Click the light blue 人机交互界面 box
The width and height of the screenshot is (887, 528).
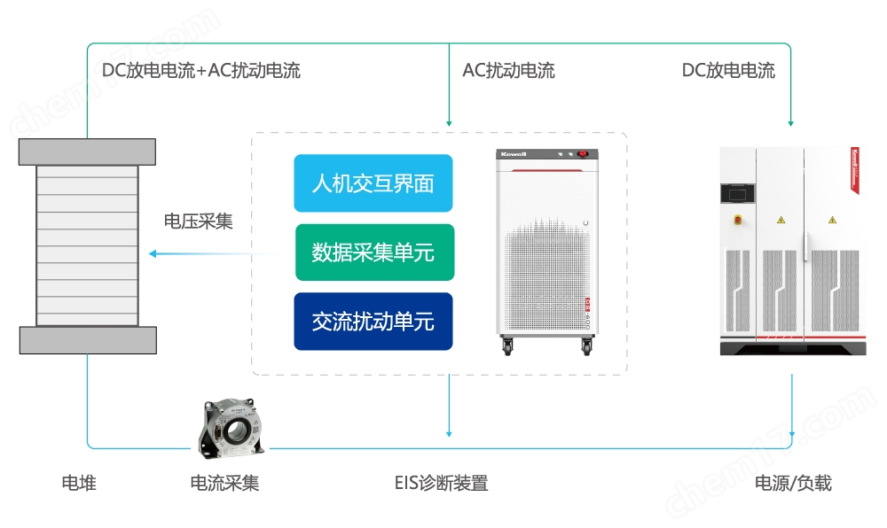373,183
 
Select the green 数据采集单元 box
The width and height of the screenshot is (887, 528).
373,252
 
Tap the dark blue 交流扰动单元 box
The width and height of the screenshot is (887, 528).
373,321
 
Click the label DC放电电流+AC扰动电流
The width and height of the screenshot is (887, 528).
195,71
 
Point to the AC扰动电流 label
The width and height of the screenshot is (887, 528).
508,71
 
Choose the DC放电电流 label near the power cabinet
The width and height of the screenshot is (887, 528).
728,71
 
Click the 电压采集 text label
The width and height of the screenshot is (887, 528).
198,221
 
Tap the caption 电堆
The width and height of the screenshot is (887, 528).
79,483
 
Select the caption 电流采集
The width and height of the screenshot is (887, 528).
225,483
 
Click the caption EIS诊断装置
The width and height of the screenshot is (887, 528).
441,483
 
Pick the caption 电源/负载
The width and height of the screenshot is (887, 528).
793,483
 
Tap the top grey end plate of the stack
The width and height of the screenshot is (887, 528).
88,151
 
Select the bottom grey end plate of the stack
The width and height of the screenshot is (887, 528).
88,339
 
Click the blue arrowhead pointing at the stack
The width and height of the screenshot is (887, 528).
153,254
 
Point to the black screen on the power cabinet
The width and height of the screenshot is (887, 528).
737,191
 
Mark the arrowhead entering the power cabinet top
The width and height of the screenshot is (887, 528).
790,122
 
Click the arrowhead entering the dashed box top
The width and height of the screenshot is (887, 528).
450,122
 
